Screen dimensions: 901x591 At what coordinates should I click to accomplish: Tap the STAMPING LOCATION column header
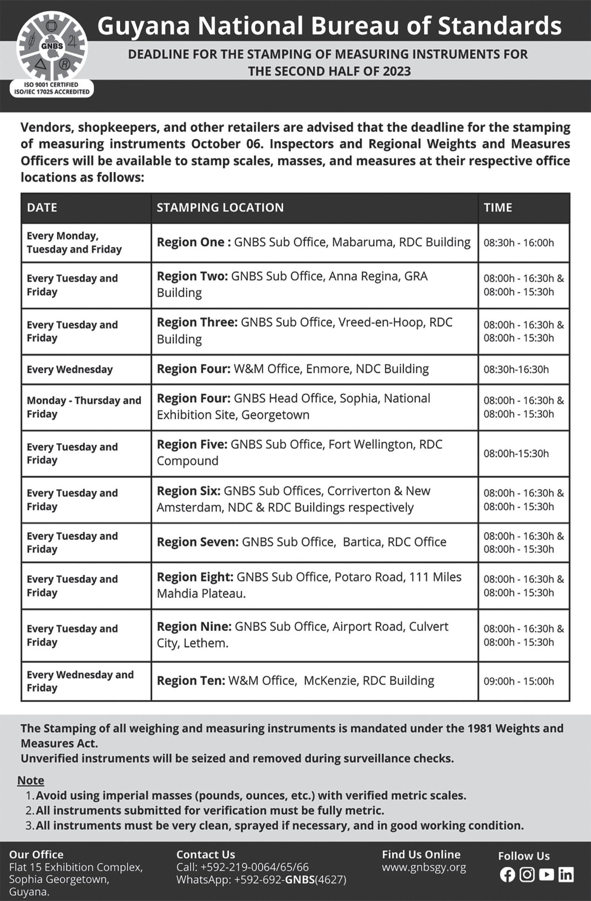click(x=220, y=208)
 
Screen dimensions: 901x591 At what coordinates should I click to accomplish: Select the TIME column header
click(x=498, y=208)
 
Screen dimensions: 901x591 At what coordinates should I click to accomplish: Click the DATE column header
click(x=42, y=208)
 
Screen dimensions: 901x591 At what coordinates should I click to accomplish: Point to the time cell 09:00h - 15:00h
click(x=518, y=681)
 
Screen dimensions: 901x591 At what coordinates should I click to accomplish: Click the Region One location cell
click(x=314, y=242)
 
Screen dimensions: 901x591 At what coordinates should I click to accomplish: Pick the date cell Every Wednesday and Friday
click(x=80, y=681)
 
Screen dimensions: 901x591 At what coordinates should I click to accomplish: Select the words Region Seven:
click(x=197, y=542)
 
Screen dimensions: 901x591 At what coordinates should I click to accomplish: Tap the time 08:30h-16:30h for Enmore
click(x=516, y=369)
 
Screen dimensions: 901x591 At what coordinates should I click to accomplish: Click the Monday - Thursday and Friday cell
click(x=84, y=407)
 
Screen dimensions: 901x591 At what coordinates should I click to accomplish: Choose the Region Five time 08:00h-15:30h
click(x=516, y=453)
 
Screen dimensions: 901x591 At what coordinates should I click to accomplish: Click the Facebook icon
click(x=507, y=874)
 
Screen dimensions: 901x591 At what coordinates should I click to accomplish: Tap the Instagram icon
click(x=527, y=874)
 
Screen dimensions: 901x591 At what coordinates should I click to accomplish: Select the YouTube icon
click(x=546, y=874)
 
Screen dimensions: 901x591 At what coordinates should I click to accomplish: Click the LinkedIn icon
click(x=566, y=874)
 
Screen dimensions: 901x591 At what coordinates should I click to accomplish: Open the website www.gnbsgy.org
click(x=424, y=867)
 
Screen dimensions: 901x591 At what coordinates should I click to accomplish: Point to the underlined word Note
click(x=31, y=780)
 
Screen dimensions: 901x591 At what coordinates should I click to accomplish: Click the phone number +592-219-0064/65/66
click(x=254, y=867)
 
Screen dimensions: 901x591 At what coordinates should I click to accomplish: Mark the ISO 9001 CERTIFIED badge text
click(x=51, y=85)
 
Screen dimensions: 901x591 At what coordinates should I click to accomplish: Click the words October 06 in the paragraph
click(x=228, y=144)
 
